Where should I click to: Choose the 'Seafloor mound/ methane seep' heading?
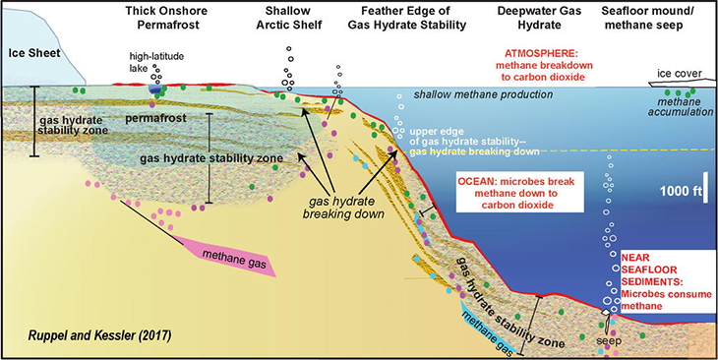[651, 18]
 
